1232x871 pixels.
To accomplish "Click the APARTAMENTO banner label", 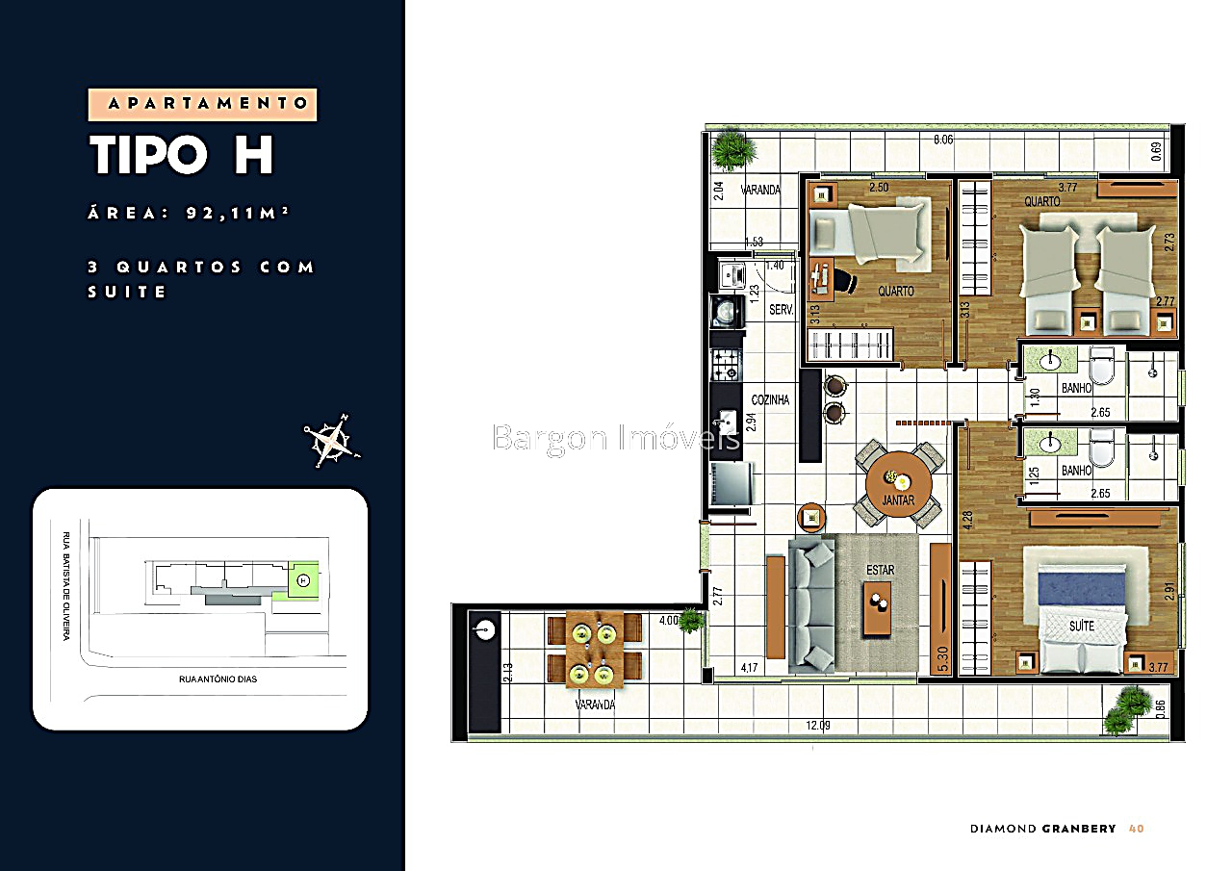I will click(x=202, y=104).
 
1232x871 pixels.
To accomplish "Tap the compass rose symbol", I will click(x=331, y=441).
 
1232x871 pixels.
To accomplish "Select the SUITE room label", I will click(x=1082, y=626).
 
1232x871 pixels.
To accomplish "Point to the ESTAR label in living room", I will click(x=880, y=570).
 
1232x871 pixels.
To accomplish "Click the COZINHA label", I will click(x=771, y=399).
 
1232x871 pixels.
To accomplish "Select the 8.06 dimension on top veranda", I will click(x=943, y=140).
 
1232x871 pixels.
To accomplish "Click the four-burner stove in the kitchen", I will click(x=727, y=364).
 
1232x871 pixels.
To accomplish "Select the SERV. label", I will click(x=781, y=310).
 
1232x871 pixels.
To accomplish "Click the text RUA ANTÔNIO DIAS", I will click(x=218, y=679).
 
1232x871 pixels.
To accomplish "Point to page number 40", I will click(x=1136, y=829).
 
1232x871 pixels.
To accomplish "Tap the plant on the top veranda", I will click(x=734, y=149).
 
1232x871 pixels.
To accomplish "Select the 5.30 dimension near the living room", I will click(x=944, y=657).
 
